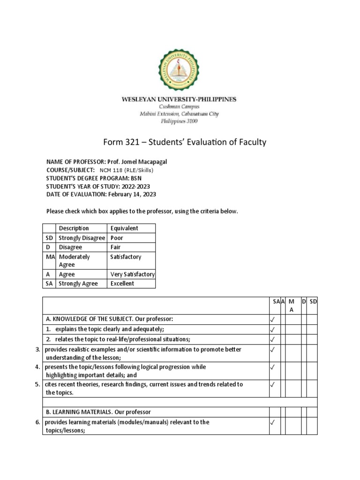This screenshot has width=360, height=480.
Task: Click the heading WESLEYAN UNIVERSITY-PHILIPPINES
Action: [x=179, y=99]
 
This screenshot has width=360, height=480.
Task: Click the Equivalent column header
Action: [x=124, y=228]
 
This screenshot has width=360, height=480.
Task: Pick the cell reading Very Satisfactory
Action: [x=132, y=274]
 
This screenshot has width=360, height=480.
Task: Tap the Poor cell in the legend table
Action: [x=117, y=238]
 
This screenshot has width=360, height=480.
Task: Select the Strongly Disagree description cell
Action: [x=82, y=238]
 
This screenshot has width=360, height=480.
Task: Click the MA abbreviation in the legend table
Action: [x=51, y=257]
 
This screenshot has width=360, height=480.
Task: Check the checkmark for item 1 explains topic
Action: [x=272, y=330]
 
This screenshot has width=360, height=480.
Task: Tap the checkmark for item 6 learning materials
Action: [x=272, y=423]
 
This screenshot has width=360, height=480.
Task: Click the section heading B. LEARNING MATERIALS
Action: [x=98, y=412]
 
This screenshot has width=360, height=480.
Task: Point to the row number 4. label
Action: [x=38, y=367]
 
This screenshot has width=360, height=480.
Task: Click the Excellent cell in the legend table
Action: [x=122, y=283]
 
